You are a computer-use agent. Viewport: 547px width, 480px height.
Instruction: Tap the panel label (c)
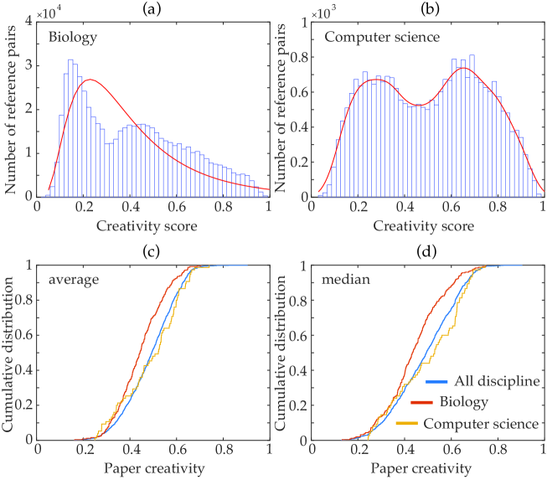click(152, 253)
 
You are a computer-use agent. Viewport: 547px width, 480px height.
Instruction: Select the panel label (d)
click(427, 253)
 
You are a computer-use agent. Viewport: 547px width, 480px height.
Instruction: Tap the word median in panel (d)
click(342, 279)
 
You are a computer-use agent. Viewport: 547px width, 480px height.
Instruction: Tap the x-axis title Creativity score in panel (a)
click(152, 226)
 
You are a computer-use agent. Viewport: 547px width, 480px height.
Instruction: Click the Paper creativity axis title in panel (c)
click(152, 467)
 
